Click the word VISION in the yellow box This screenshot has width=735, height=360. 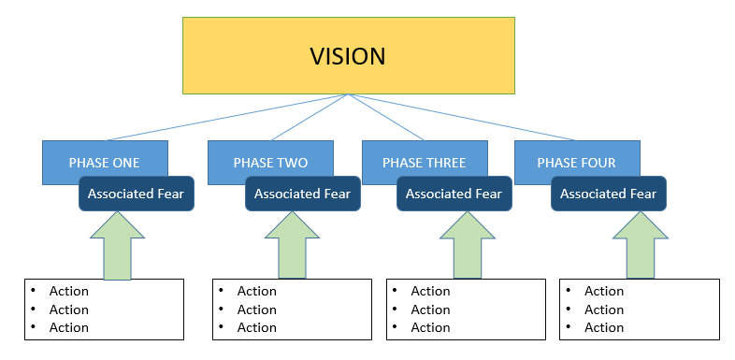click(347, 56)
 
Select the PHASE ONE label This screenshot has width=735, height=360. click(104, 163)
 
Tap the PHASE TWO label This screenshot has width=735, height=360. click(271, 163)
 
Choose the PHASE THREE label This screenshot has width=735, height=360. click(424, 163)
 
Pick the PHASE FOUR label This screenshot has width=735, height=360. click(576, 163)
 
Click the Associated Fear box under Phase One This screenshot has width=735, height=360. click(136, 194)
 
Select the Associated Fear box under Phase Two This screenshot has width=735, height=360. click(302, 194)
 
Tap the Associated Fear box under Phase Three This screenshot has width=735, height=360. click(454, 194)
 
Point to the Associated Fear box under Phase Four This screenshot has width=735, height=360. click(608, 194)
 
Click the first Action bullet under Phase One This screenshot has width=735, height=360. click(68, 291)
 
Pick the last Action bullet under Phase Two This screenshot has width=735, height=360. click(256, 327)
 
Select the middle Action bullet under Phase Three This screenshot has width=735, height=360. click(430, 310)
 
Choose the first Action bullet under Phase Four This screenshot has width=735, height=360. click(603, 291)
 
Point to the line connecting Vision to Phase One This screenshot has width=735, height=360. click(224, 118)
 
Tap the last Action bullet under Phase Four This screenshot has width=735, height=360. click(603, 327)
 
